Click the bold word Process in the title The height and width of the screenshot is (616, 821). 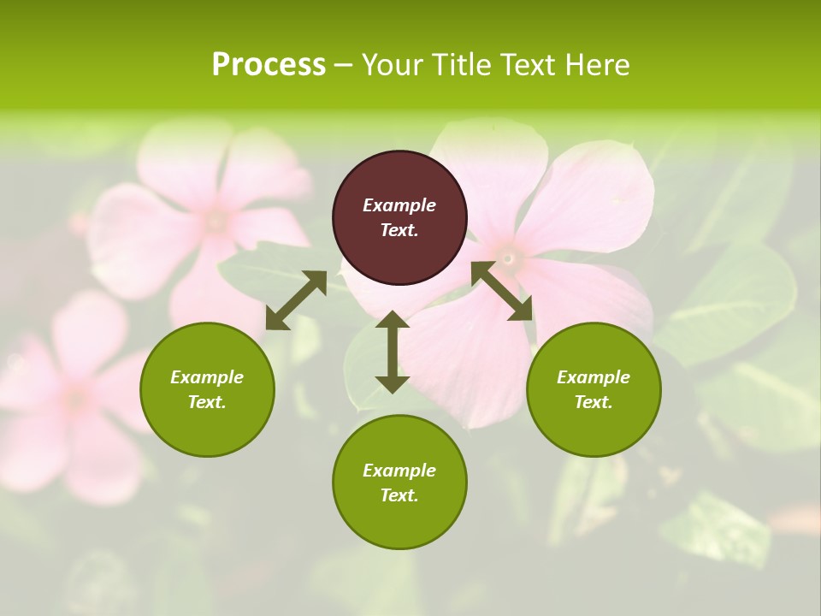pyautogui.click(x=269, y=65)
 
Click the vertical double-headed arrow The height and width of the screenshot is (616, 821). pyautogui.click(x=393, y=352)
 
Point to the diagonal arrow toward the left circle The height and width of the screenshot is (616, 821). pyautogui.click(x=296, y=299)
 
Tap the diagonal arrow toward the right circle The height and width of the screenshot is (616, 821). pyautogui.click(x=502, y=291)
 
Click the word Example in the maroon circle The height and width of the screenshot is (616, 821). pyautogui.click(x=399, y=205)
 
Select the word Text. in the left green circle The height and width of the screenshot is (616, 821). pyautogui.click(x=207, y=402)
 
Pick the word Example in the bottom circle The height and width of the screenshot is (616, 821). pyautogui.click(x=399, y=471)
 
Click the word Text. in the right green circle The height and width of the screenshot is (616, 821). pyautogui.click(x=594, y=402)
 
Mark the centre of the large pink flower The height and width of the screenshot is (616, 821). pyautogui.click(x=509, y=257)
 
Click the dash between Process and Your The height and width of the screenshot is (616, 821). pyautogui.click(x=343, y=66)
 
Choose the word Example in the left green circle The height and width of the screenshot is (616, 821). pyautogui.click(x=207, y=377)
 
